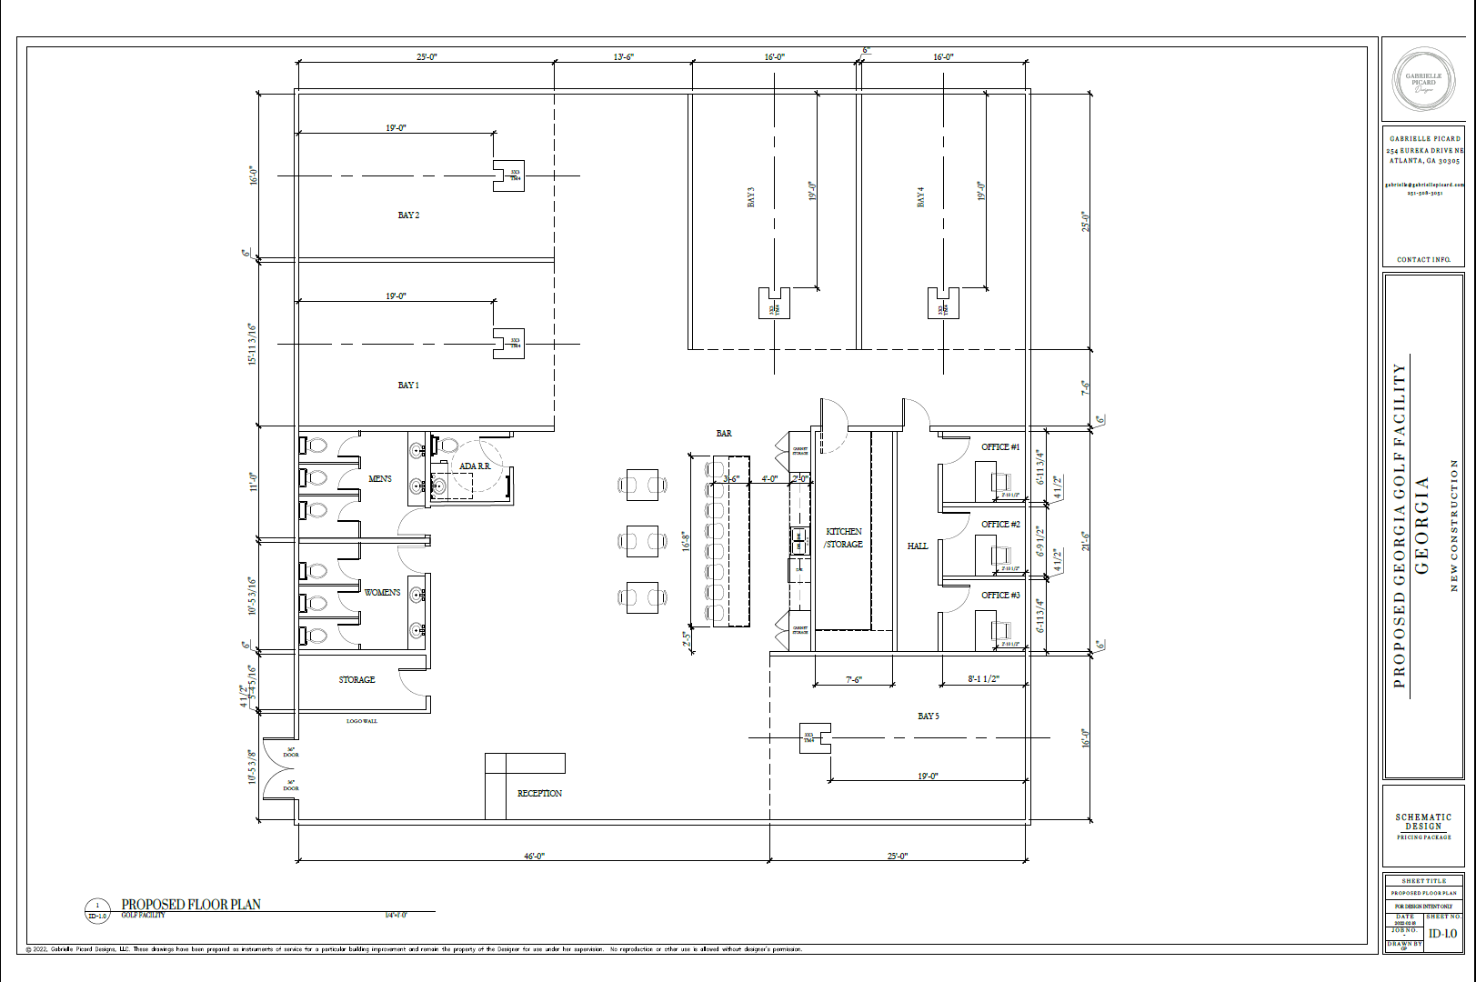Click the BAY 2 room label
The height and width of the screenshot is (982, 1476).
coord(408,215)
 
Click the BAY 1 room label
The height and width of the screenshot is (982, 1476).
coord(408,386)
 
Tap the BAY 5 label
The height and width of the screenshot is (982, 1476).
coord(929,716)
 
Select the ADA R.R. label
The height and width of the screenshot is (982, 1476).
coord(475,466)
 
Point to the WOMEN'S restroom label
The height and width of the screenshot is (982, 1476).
coord(382,593)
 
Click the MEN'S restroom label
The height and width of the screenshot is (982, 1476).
coord(380,479)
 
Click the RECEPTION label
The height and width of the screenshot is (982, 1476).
coord(539,794)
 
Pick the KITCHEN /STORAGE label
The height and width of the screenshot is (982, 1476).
coord(844,537)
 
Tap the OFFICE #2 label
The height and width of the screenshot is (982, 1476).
coord(1000,525)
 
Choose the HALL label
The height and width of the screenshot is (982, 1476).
coord(918,546)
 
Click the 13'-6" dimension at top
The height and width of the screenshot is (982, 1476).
coord(623,57)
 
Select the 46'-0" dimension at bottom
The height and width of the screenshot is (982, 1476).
coord(534,857)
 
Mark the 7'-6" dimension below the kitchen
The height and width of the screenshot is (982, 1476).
coord(853,679)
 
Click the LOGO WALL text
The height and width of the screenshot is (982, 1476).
coord(362,721)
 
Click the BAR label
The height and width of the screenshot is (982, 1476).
coord(724,434)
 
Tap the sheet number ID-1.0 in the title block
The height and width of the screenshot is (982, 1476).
coord(1442,934)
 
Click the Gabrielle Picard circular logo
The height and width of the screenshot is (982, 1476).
coord(1423,79)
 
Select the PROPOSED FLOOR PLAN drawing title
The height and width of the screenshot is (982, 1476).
coord(191,905)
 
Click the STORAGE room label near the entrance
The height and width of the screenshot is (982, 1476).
coord(356,680)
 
